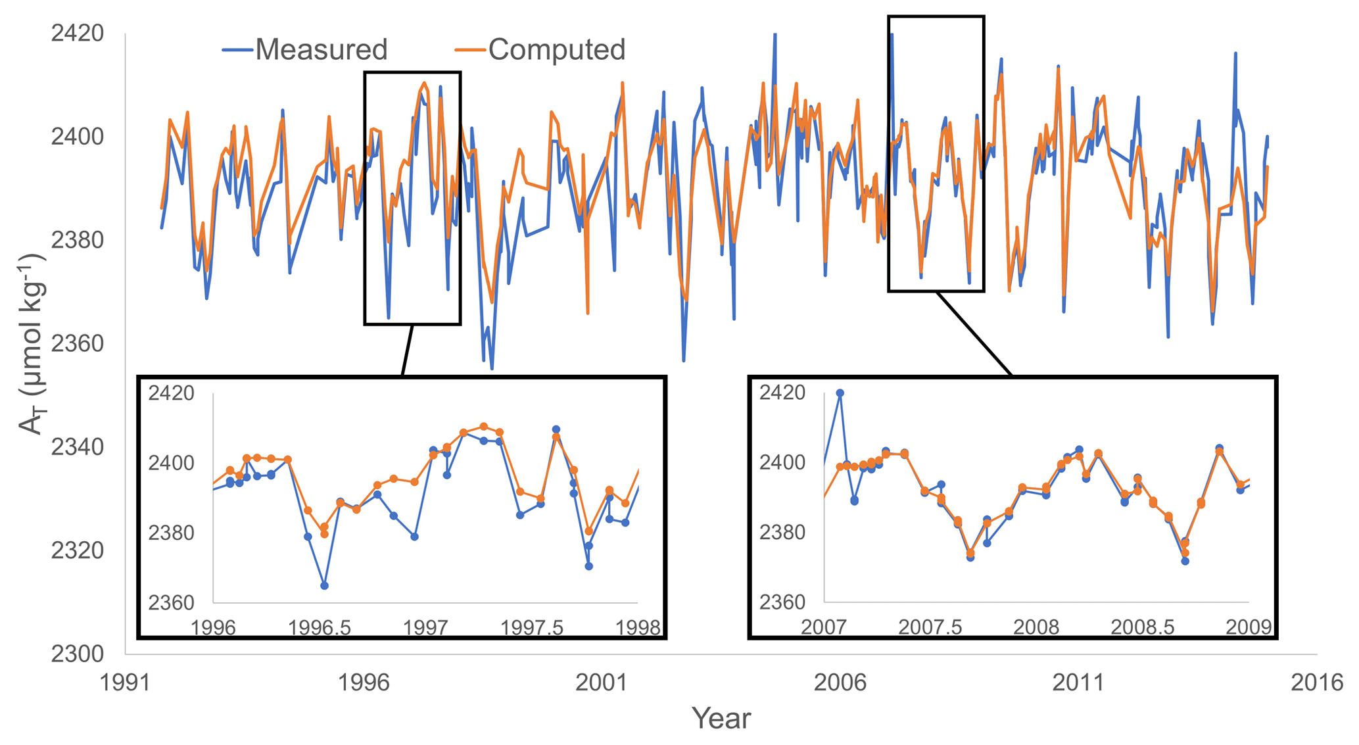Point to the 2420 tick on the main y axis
(78, 33)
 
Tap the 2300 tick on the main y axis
(78, 654)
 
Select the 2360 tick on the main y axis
(78, 343)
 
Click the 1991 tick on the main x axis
(126, 683)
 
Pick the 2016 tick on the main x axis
(1317, 683)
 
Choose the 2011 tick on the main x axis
(1078, 683)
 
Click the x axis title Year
(721, 718)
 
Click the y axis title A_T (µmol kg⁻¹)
(31, 343)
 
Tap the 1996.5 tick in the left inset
(320, 627)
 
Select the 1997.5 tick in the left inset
(532, 627)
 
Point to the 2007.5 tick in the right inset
(930, 627)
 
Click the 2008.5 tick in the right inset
(1143, 627)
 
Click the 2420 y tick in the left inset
(171, 393)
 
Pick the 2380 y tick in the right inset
(782, 532)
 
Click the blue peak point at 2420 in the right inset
(840, 393)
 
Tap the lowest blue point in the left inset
(324, 585)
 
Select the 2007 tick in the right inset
(824, 627)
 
